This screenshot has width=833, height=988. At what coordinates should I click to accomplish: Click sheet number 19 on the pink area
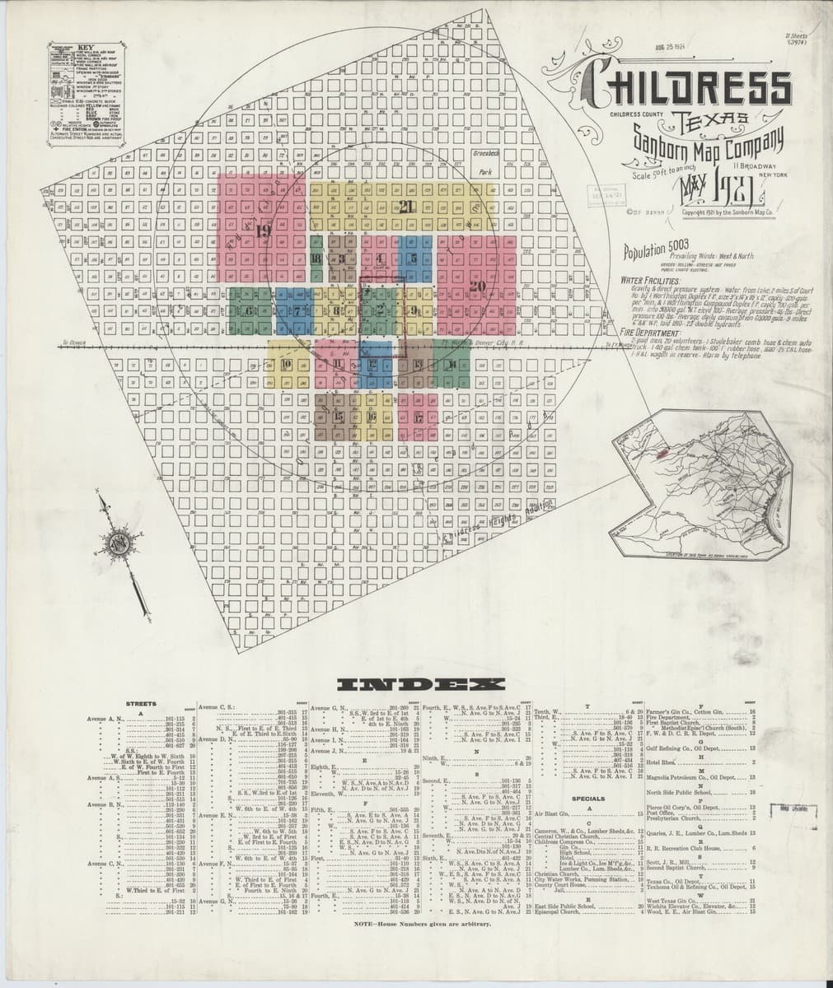263,231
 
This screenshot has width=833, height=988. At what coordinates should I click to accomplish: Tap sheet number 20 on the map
477,286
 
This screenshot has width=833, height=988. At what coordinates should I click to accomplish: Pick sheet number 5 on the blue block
413,259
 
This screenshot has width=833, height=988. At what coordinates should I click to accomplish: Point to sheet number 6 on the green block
246,310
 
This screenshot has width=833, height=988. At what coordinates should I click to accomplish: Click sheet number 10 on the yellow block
286,364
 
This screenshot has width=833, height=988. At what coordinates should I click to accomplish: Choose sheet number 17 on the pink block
419,417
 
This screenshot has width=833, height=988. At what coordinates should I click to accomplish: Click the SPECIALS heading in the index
588,799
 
